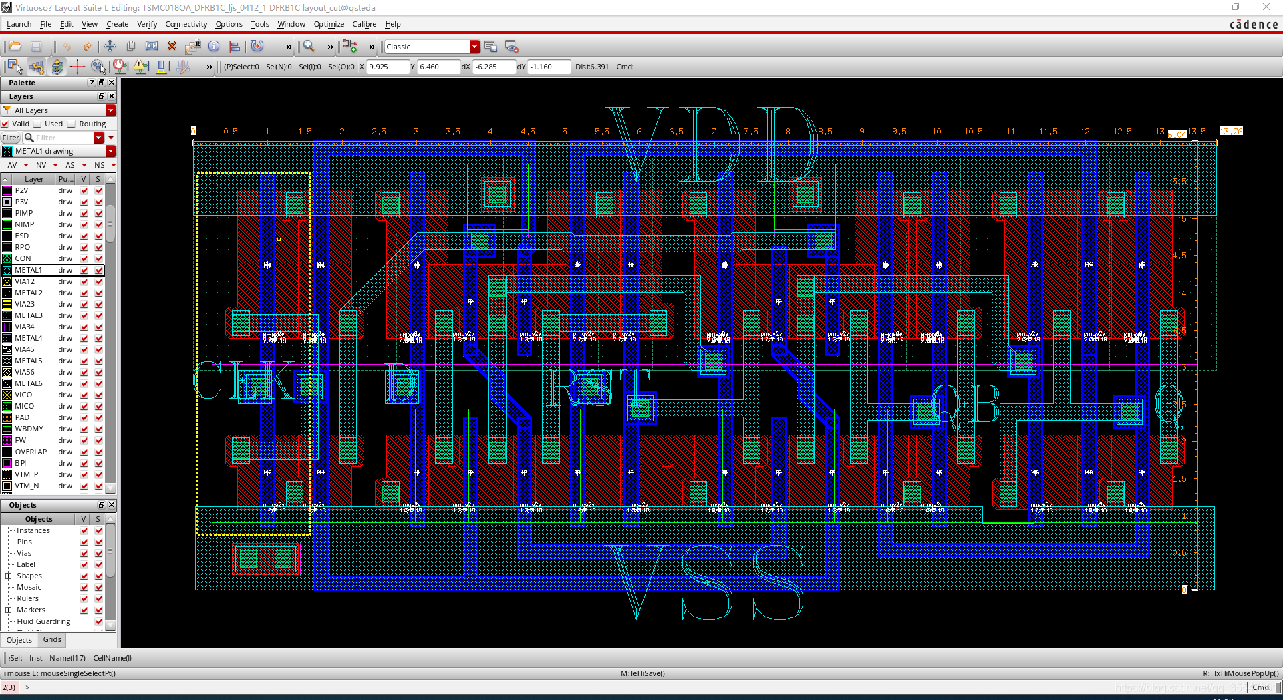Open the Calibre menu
pos(364,24)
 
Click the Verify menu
pos(147,24)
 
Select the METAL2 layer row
pos(29,293)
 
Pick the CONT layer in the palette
pos(25,258)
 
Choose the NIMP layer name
pos(25,224)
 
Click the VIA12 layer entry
pos(25,281)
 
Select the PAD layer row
pos(22,417)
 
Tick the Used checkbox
pos(38,124)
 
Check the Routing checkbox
pos(72,124)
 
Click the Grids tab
pos(52,640)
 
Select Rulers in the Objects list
pos(27,598)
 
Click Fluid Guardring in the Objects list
pos(43,621)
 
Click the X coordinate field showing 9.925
pos(388,67)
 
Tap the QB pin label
pos(966,404)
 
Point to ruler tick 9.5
pos(899,132)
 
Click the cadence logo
pos(1254,25)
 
